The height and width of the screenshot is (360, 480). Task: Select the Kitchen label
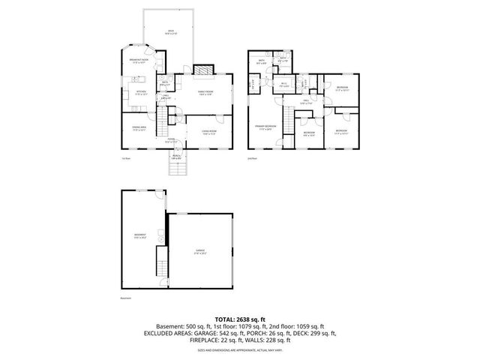139,94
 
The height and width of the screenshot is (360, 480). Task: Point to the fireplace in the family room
201,70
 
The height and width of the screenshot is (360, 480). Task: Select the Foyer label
171,140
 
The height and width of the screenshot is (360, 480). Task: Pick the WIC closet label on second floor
284,85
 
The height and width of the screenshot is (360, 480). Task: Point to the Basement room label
139,235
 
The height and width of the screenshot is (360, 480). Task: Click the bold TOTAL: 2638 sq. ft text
240,318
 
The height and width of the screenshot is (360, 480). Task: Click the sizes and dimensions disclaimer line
240,350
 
